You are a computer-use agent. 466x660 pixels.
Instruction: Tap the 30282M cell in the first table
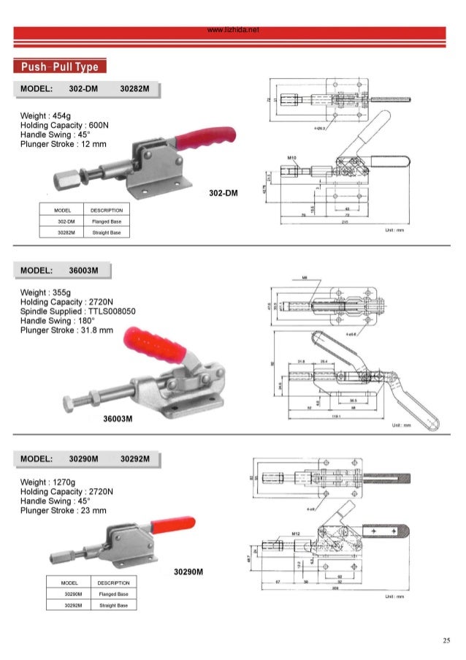pyautogui.click(x=62, y=232)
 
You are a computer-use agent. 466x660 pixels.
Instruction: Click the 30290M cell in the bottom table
pyautogui.click(x=69, y=593)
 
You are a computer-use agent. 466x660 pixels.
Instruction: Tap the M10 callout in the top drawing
pyautogui.click(x=290, y=157)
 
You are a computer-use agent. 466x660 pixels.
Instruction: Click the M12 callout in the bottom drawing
pyautogui.click(x=296, y=534)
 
